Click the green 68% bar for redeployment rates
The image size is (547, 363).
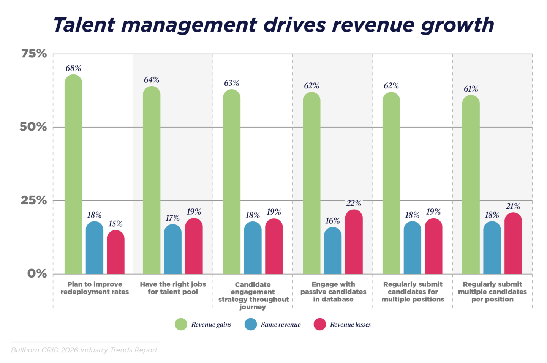73,175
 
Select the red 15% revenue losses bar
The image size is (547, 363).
115,253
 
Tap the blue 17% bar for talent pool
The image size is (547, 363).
172,249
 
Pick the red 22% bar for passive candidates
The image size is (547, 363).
354,242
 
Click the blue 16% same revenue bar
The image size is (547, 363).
332,251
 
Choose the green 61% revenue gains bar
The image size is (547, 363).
471,185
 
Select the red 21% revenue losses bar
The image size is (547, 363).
513,244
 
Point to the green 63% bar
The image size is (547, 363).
231,182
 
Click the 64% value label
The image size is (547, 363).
151,80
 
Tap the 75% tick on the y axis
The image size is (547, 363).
34,54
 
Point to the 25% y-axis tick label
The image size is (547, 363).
34,200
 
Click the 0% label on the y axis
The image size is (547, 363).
37,273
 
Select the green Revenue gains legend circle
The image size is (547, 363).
181,324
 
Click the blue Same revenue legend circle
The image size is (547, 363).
251,324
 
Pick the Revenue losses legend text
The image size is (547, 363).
350,325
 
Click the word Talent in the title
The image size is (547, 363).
84,25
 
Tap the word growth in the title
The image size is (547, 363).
457,25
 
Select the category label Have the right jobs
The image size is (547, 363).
173,288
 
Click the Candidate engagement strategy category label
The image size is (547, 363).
253,295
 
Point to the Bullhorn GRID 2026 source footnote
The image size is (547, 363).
84,350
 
